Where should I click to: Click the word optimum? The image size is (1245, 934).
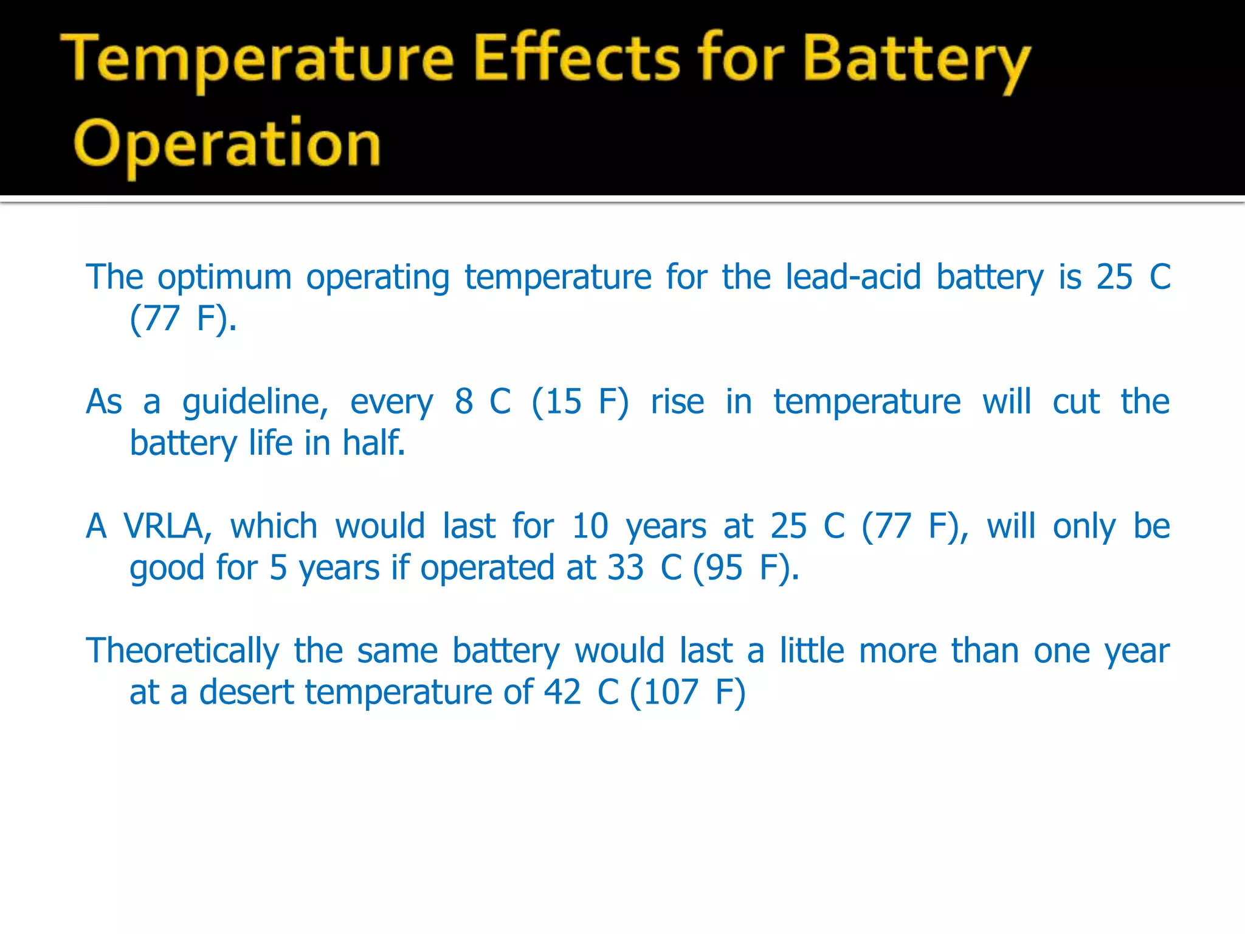(225, 278)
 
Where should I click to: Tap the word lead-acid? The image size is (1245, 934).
(853, 277)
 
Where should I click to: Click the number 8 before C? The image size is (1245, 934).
(464, 402)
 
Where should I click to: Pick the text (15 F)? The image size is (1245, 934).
(580, 403)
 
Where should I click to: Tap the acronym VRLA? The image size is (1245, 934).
(167, 527)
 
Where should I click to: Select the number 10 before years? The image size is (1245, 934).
(590, 527)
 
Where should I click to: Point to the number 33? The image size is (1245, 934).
(625, 568)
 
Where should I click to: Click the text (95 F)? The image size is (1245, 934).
(745, 568)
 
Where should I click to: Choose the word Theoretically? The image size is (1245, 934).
(182, 651)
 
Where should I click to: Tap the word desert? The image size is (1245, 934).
(247, 693)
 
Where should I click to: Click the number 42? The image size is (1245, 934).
(562, 693)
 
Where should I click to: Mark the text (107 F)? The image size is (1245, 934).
(688, 693)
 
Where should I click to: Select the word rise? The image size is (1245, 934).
(677, 403)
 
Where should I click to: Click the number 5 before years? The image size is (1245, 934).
(278, 568)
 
